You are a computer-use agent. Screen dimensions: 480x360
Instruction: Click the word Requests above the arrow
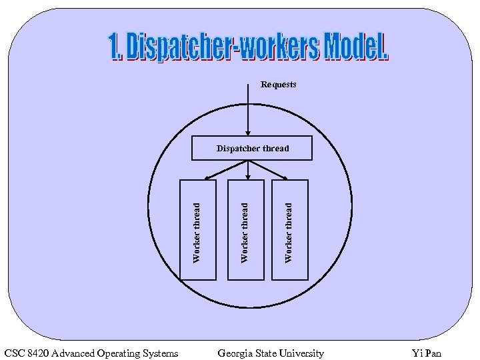click(278, 85)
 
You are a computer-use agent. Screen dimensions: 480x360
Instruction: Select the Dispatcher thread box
click(252, 148)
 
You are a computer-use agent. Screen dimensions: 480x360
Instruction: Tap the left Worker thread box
click(198, 230)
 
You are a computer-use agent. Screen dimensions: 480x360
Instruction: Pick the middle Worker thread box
click(245, 230)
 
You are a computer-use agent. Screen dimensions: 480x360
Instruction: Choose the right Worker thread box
click(290, 230)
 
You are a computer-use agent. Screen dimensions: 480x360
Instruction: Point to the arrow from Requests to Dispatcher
click(248, 113)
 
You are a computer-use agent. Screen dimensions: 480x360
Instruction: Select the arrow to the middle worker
click(248, 171)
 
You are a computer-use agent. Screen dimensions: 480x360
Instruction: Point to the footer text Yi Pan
click(427, 353)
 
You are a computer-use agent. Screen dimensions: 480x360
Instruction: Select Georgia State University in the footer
click(271, 353)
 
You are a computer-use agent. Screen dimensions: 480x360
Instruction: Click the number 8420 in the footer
click(38, 353)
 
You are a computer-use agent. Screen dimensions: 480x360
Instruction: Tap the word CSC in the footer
click(14, 353)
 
